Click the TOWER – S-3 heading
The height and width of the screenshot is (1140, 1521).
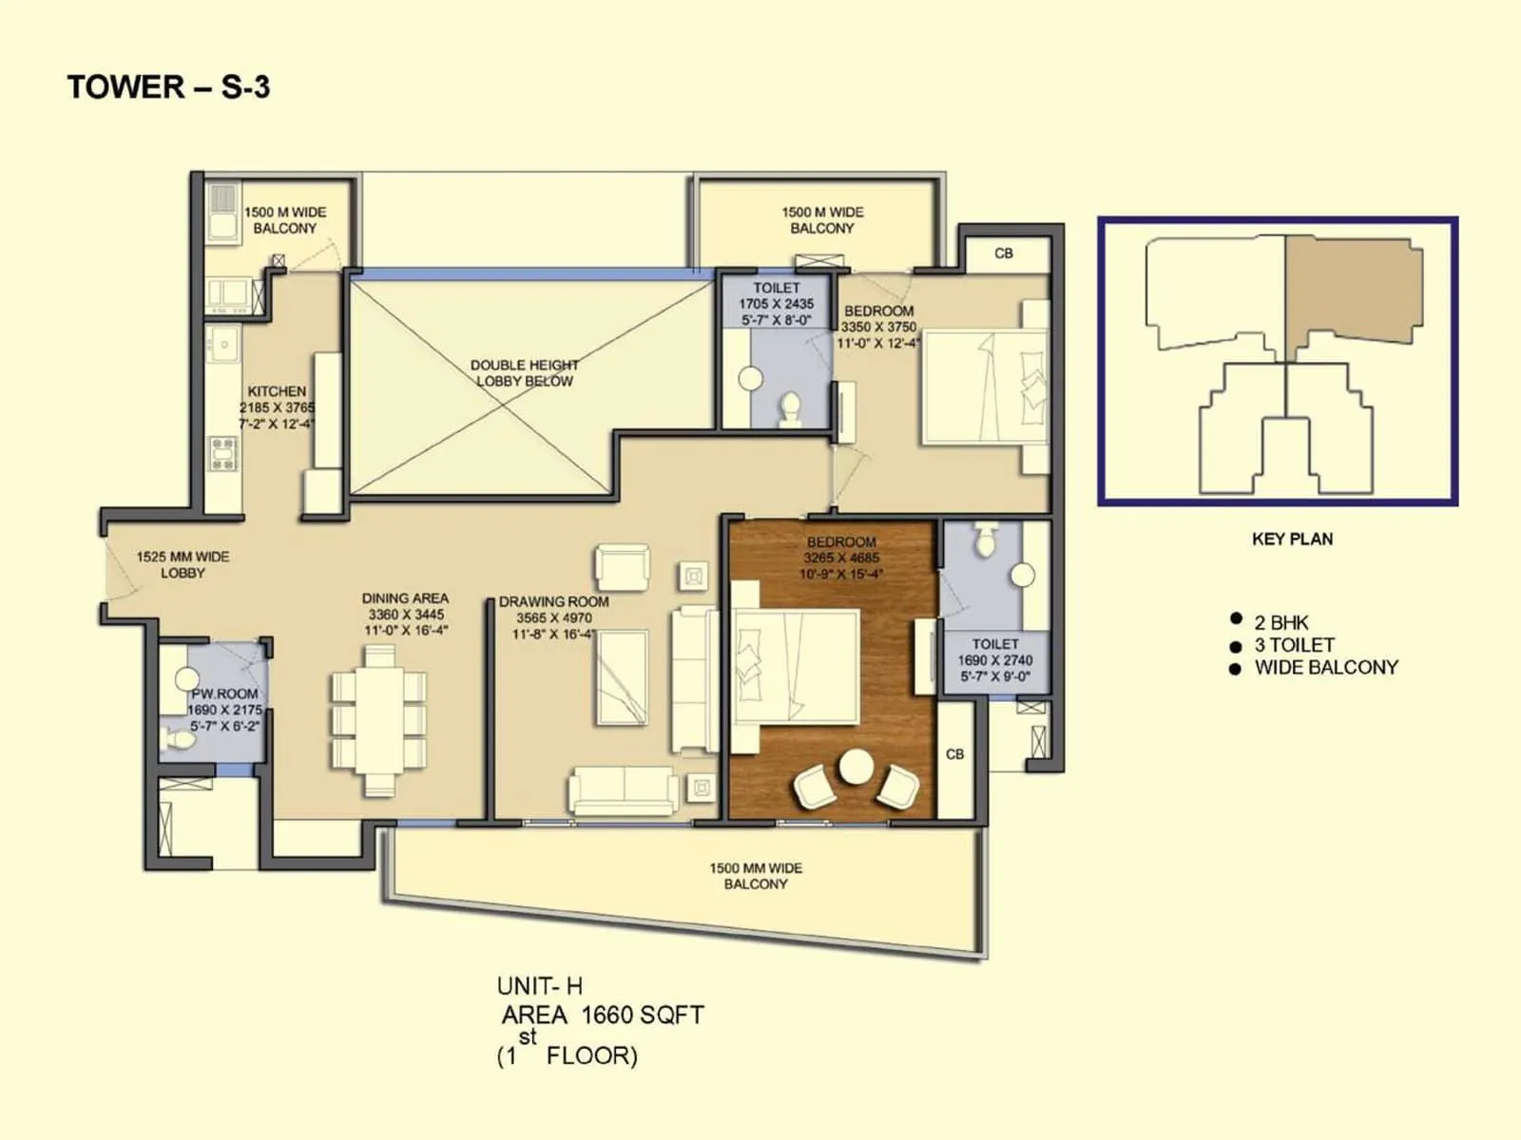168,87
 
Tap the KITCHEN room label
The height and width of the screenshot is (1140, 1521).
277,391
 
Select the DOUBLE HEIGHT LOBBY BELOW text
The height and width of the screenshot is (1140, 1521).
524,373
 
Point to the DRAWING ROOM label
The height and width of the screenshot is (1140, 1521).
553,601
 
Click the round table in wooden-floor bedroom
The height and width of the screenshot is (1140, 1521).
856,767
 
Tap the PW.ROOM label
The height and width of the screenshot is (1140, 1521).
225,693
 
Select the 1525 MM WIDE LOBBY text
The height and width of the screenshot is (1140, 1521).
183,564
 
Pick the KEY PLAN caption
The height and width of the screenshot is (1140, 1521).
1292,539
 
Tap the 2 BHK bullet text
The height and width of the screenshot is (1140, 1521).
1280,622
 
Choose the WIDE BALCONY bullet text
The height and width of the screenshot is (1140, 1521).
1325,667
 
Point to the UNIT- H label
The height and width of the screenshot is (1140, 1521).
539,986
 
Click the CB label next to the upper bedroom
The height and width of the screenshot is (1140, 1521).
1003,254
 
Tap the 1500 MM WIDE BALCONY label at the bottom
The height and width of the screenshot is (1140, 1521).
756,876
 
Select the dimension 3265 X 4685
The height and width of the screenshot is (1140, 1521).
841,558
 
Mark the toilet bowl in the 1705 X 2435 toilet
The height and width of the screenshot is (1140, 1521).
789,409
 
